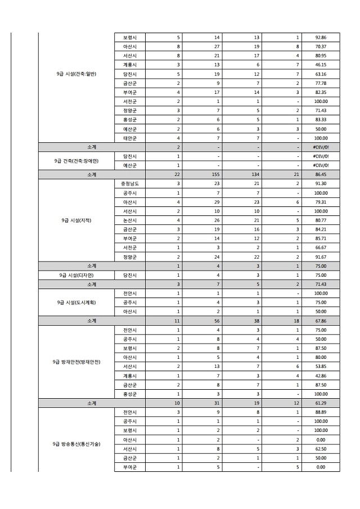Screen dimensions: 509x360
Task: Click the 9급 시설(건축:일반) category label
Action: (76, 74)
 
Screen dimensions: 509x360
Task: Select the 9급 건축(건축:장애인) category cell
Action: (76, 160)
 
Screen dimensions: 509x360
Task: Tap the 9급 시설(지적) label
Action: (76, 220)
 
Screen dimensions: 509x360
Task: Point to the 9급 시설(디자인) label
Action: (76, 275)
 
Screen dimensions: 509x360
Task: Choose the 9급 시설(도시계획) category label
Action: (76, 302)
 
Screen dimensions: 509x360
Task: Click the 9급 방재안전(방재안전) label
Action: (76, 362)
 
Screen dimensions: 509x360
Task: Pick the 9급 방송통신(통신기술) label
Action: (76, 444)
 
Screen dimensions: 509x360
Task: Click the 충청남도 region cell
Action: (130, 183)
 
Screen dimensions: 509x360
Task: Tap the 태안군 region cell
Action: (130, 138)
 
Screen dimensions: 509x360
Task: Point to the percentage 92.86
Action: (321, 37)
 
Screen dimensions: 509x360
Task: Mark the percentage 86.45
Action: (321, 174)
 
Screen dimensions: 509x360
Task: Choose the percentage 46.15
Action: (321, 65)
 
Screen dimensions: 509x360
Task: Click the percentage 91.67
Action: (321, 256)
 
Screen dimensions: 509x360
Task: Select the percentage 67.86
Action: (321, 321)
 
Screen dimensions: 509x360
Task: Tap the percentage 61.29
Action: (321, 403)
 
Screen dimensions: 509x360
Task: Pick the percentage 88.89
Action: (321, 412)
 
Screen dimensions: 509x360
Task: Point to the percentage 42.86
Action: (321, 376)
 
